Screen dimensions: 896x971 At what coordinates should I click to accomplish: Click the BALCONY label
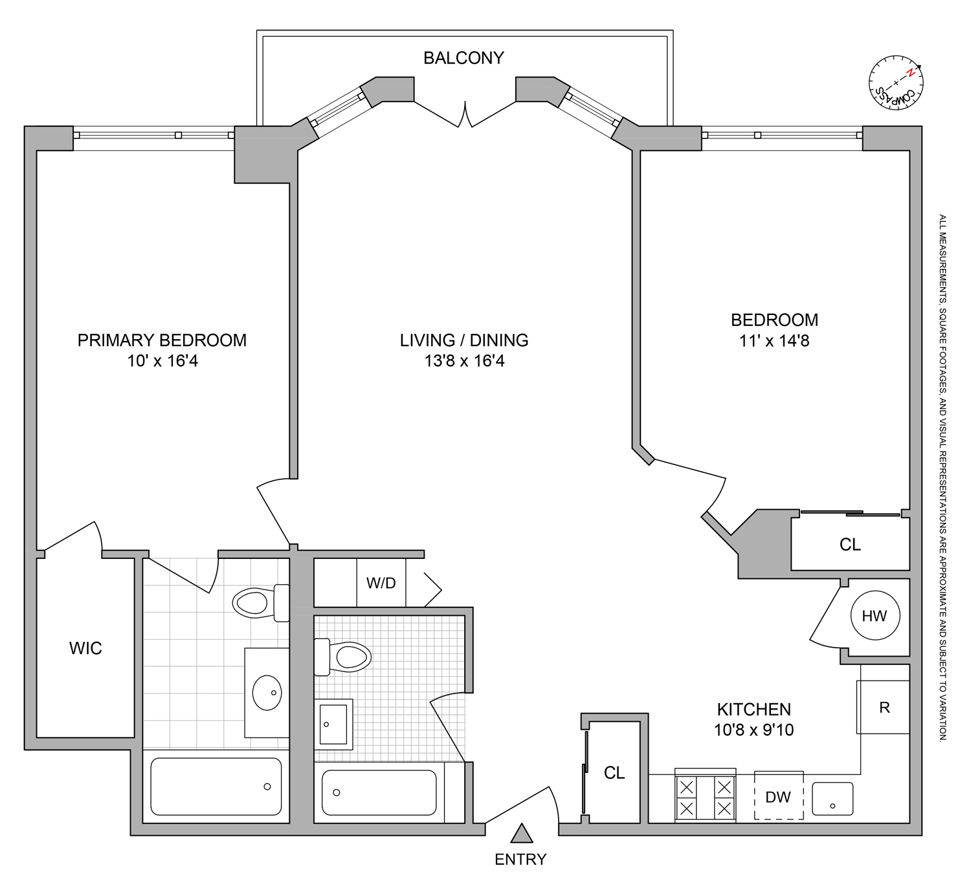(463, 58)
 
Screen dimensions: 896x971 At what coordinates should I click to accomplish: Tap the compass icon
(896, 83)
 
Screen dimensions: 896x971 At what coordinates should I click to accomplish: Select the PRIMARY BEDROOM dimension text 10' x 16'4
(162, 361)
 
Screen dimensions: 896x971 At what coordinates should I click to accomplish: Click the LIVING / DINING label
(463, 340)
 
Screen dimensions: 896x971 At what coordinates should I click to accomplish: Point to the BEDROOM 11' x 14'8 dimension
(774, 341)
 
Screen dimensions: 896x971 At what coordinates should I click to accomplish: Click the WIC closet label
(85, 648)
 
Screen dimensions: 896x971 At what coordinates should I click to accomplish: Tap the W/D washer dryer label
(381, 583)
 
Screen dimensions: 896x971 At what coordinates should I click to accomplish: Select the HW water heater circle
(875, 616)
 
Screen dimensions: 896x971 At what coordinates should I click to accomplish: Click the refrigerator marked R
(884, 708)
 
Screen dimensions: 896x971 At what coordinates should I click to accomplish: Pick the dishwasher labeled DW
(778, 797)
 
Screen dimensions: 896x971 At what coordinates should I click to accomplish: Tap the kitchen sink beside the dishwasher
(832, 798)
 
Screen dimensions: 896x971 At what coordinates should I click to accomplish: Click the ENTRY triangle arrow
(521, 834)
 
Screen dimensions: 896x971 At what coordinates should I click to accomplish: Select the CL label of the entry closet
(614, 773)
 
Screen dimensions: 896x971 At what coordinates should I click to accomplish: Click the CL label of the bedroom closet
(850, 545)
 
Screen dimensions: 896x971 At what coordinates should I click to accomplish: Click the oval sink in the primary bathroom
(267, 692)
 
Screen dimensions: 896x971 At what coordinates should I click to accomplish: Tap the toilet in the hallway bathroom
(344, 657)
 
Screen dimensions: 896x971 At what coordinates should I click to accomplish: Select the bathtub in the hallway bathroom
(379, 792)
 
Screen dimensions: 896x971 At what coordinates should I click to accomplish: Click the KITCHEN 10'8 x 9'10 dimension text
(754, 730)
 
